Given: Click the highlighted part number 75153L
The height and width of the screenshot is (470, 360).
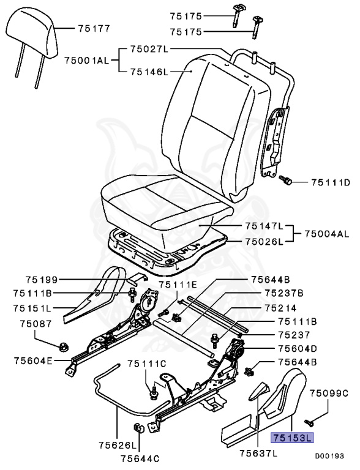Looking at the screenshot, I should (292, 438).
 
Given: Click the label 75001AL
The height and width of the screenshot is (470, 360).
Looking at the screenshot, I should (86, 59).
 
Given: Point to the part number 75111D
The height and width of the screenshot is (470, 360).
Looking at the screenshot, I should (330, 182).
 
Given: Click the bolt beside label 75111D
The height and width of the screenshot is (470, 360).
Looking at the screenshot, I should (285, 181).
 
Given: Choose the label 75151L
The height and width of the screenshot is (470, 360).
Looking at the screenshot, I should (34, 308).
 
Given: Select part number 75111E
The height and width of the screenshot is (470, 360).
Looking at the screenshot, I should (178, 285).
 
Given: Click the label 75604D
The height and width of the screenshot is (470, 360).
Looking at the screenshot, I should (297, 348).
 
